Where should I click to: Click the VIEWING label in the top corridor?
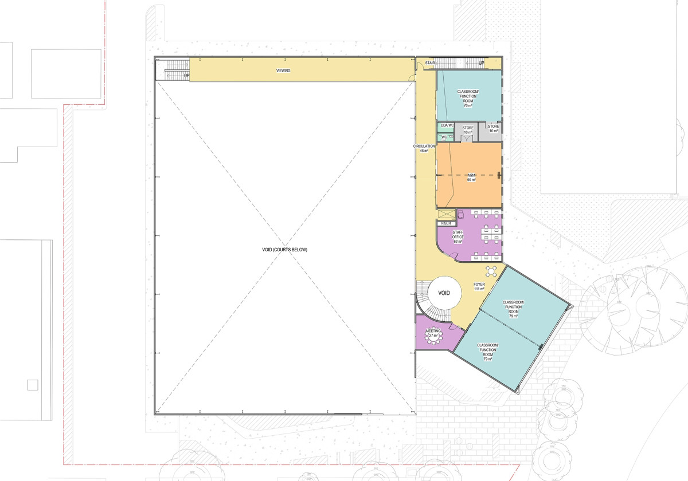tap(283, 70)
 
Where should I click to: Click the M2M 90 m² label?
tap(471, 177)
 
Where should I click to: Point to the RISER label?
tap(446, 223)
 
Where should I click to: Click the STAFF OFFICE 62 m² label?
tap(458, 236)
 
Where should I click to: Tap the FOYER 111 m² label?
tap(479, 286)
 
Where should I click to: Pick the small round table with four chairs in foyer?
tap(492, 270)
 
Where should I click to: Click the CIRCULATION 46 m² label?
tap(424, 148)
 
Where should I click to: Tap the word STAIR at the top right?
tap(430, 63)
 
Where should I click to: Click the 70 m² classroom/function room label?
tap(468, 98)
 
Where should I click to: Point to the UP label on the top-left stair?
tap(186, 75)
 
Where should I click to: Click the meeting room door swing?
tap(456, 327)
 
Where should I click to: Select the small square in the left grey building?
tap(33, 384)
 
